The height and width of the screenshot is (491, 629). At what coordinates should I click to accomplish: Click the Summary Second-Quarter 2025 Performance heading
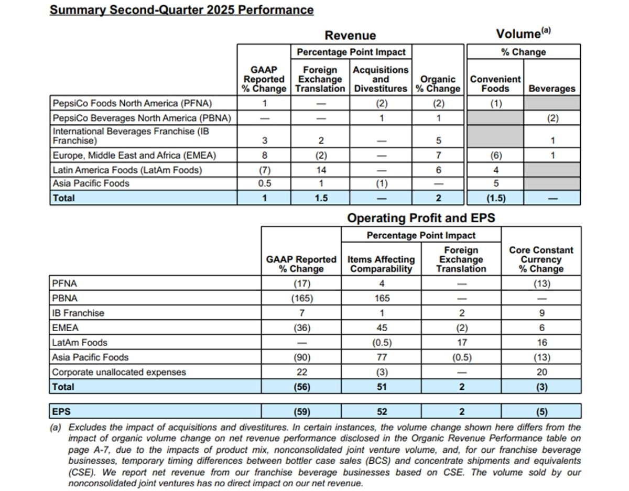(x=181, y=10)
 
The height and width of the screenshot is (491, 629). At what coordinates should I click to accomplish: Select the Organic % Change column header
(x=438, y=84)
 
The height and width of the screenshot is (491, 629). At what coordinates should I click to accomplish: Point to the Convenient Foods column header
(x=495, y=84)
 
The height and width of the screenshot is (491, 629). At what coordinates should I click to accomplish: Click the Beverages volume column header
(x=551, y=89)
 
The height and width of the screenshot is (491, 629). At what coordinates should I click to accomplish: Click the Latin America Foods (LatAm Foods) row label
(x=127, y=170)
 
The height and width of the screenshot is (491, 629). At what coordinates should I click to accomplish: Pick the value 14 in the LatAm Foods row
(x=321, y=170)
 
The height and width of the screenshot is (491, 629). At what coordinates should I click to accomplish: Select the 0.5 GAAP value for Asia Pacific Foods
(x=264, y=183)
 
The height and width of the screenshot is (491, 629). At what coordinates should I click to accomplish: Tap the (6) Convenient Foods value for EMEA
(x=496, y=155)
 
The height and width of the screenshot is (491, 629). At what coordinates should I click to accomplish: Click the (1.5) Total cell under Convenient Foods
(x=496, y=198)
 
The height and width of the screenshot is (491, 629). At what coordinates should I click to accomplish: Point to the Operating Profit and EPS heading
(x=421, y=217)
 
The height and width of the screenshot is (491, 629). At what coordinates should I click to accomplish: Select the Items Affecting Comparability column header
(x=382, y=264)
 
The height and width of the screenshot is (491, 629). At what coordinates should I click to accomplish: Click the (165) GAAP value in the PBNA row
(x=301, y=298)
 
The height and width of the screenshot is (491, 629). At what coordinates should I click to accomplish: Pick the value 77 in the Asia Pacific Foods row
(x=382, y=357)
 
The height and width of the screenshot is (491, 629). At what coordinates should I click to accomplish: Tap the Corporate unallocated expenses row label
(x=118, y=372)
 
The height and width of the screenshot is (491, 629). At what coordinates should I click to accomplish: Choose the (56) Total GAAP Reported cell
(x=301, y=387)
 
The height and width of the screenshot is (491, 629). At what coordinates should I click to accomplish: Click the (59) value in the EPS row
(x=301, y=411)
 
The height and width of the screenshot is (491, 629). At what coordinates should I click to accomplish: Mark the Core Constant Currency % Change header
(x=541, y=259)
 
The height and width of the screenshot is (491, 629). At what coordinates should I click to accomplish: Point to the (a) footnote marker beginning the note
(x=56, y=428)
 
